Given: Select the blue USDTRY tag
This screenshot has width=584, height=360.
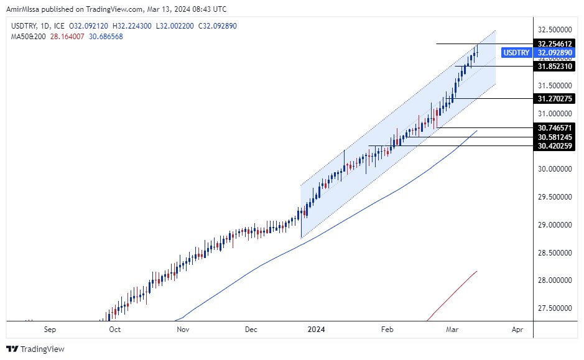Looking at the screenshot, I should point(516,53).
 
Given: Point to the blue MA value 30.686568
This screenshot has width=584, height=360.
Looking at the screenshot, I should point(105,37).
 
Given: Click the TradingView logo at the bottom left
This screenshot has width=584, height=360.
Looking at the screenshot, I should point(35,349).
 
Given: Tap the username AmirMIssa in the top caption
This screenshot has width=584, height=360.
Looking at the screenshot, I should point(24,9).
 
